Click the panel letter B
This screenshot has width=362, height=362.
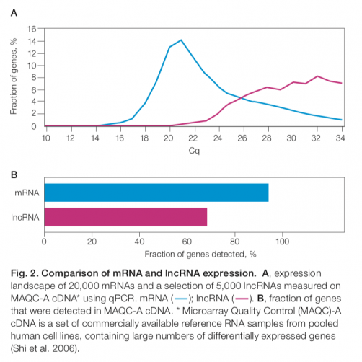[13, 175]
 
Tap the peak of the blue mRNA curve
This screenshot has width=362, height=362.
[180, 40]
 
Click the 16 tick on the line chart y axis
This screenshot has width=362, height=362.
[31, 29]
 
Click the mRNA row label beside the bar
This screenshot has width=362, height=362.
[26, 193]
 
